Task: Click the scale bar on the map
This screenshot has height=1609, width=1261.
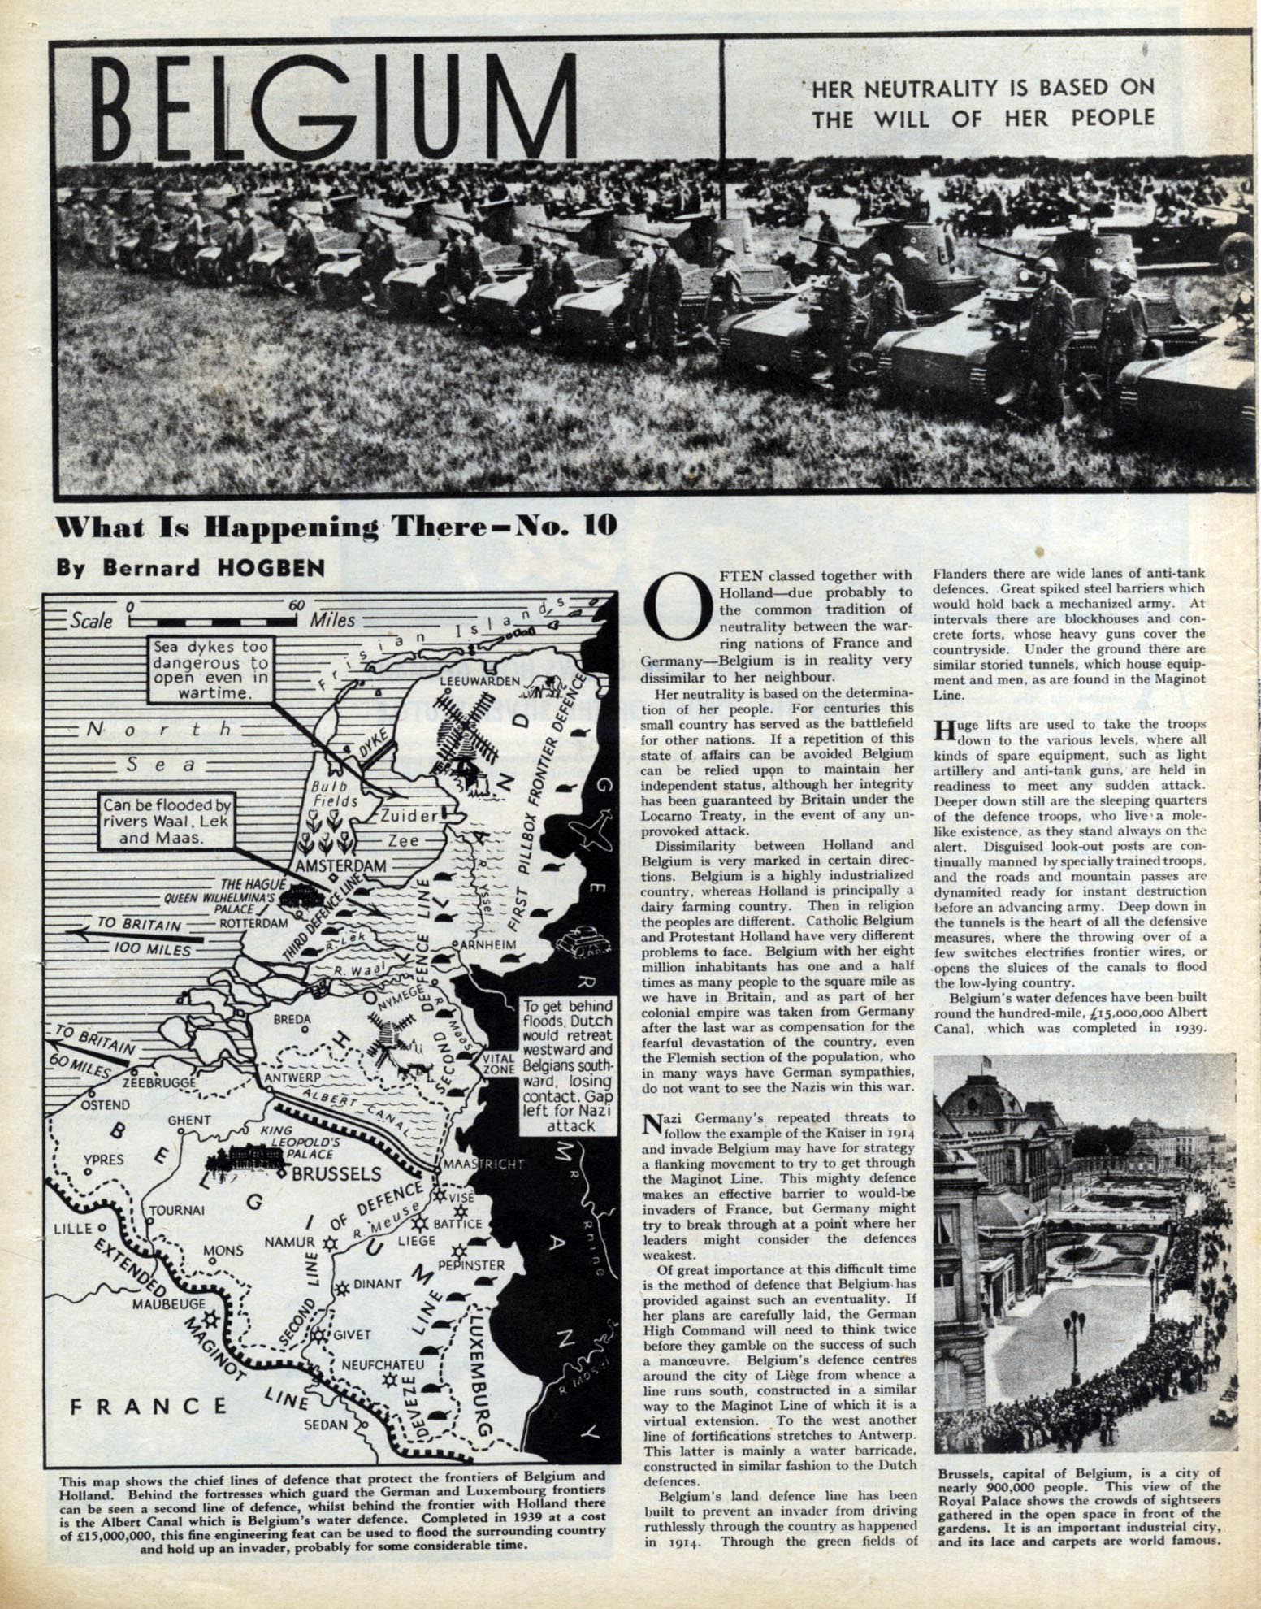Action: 211,620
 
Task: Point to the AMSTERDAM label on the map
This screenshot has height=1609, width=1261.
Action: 340,866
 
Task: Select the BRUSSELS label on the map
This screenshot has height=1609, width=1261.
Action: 336,1173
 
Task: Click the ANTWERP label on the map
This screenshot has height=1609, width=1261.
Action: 293,1078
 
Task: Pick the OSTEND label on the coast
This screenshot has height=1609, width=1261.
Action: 105,1104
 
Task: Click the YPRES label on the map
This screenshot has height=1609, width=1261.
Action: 104,1159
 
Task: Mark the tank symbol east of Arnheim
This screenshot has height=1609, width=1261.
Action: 578,937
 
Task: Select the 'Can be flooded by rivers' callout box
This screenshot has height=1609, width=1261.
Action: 167,821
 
